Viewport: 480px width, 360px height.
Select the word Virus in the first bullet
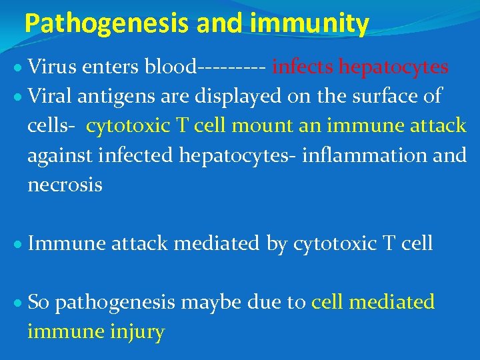[x=51, y=67]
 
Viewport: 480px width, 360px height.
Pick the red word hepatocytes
[x=393, y=67]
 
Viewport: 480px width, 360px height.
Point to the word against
[x=59, y=156]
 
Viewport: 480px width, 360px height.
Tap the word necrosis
[x=65, y=185]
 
